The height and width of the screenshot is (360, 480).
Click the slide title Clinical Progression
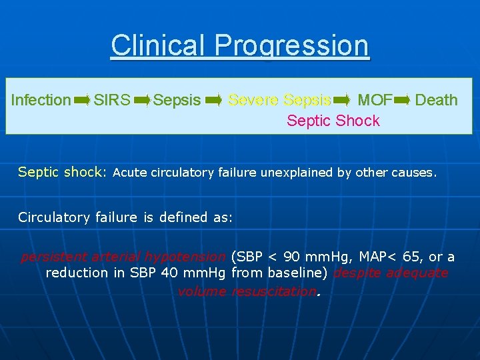pyautogui.click(x=240, y=45)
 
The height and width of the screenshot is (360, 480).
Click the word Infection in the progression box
pyautogui.click(x=41, y=100)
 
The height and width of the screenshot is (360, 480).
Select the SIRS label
pyautogui.click(x=112, y=100)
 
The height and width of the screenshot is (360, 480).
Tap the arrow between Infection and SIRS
pyautogui.click(x=82, y=100)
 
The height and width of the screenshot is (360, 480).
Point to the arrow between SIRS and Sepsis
pyautogui.click(x=142, y=100)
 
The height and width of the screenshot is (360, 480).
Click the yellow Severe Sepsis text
pyautogui.click(x=279, y=100)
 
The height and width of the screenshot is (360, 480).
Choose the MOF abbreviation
pyautogui.click(x=375, y=100)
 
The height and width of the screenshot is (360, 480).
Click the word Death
pyautogui.click(x=436, y=100)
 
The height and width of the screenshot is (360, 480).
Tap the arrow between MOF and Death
pyautogui.click(x=403, y=100)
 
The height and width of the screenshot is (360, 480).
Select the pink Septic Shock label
pyautogui.click(x=333, y=121)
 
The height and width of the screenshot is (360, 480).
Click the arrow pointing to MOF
pyautogui.click(x=341, y=100)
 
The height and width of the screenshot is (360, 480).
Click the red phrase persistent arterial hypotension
pyautogui.click(x=123, y=257)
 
